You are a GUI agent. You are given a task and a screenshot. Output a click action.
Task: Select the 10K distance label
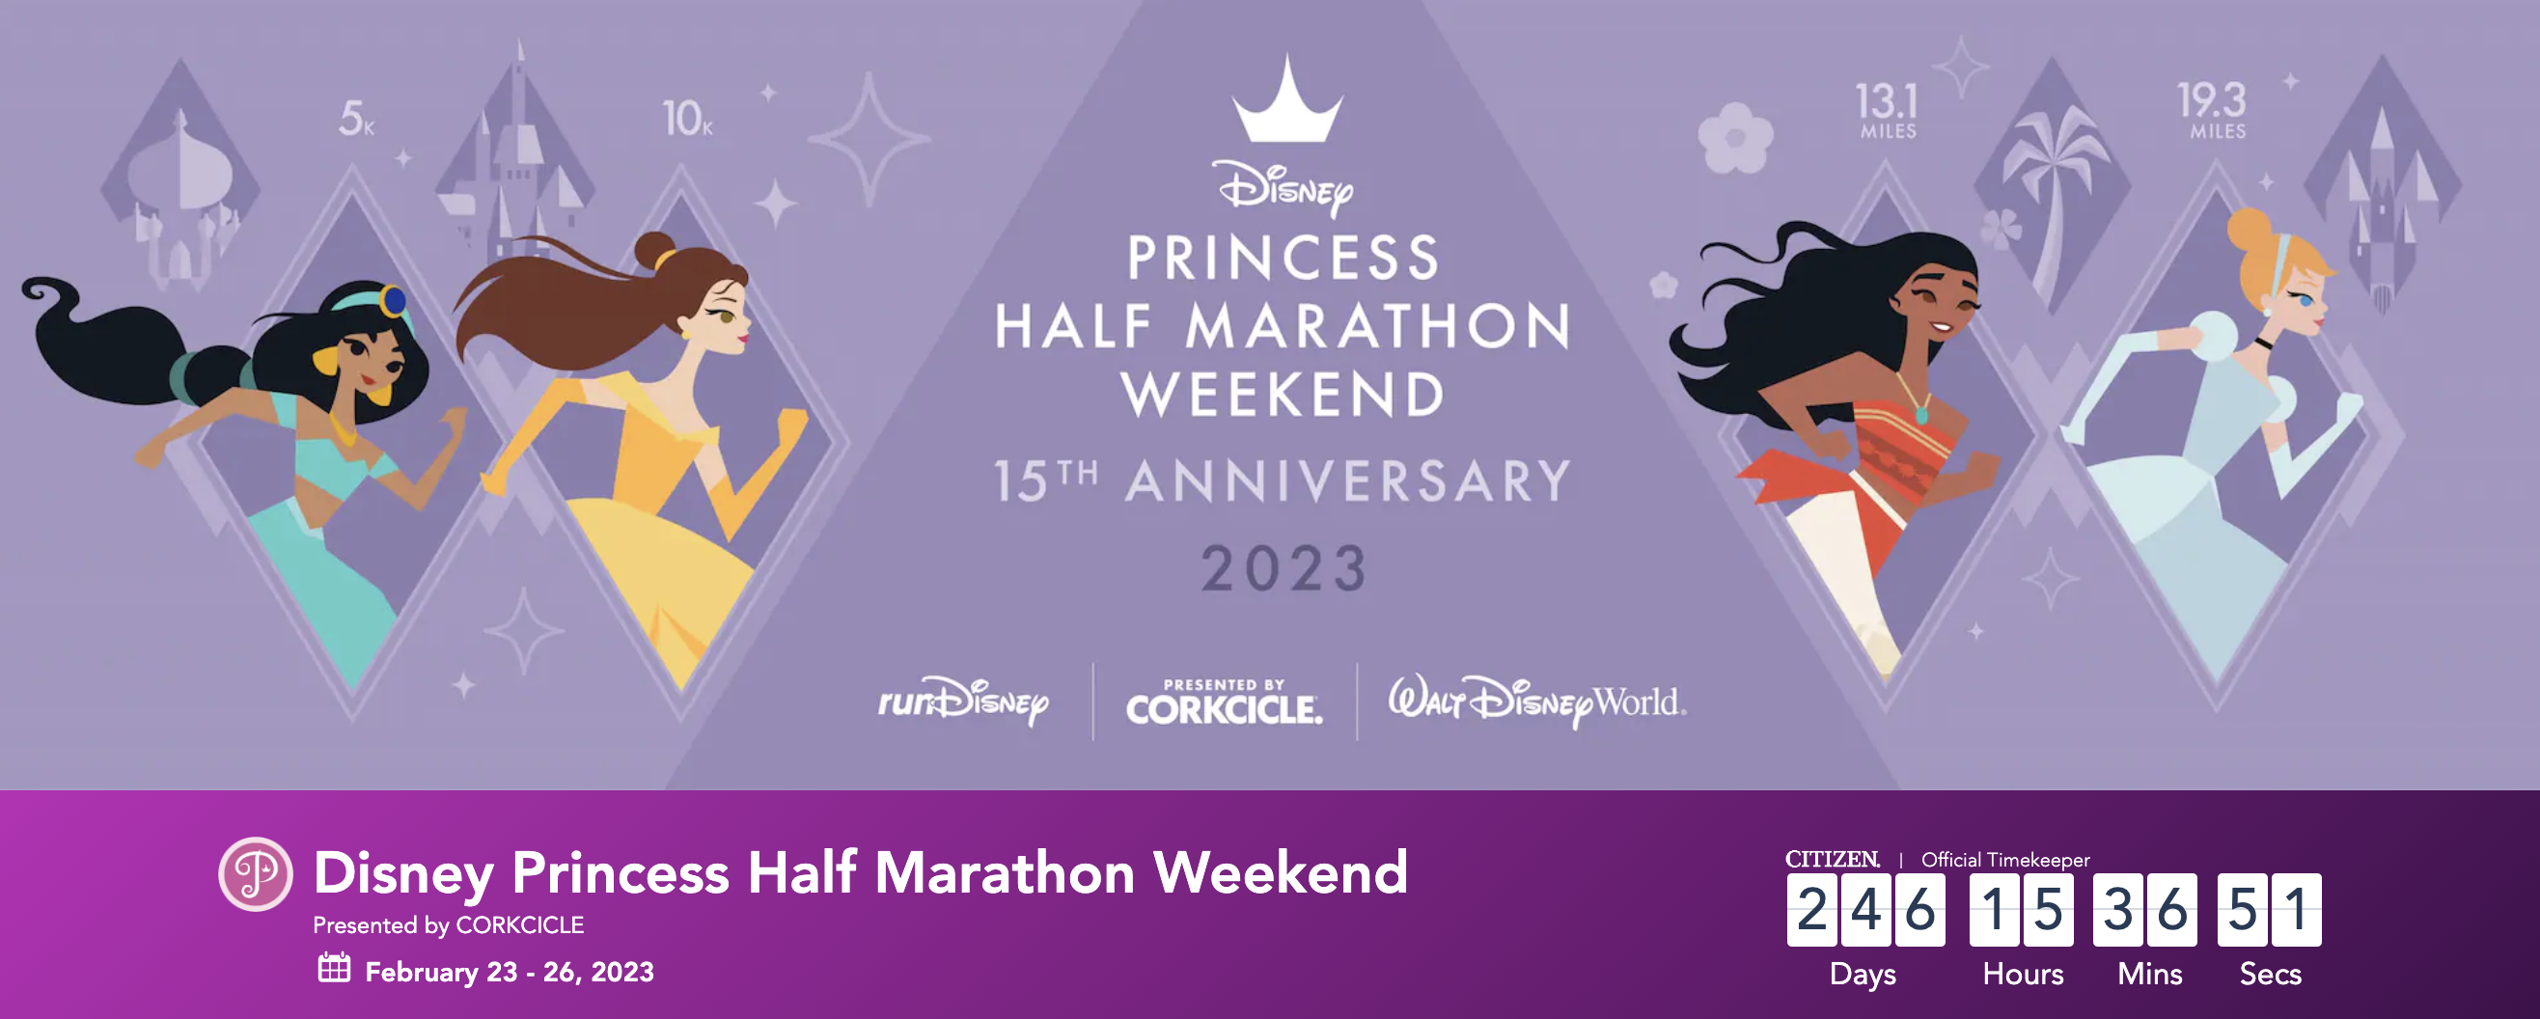pos(687,119)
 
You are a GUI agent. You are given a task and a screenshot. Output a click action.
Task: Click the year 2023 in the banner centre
pos(1284,568)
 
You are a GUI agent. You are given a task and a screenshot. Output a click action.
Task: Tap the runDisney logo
pos(963,701)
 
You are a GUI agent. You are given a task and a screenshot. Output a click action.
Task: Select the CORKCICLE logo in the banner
pos(1224,702)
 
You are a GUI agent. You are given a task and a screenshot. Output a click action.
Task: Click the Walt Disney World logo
pos(1537,701)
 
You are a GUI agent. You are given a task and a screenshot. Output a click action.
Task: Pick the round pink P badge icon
pos(256,874)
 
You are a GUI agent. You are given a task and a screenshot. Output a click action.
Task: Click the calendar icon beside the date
pos(334,968)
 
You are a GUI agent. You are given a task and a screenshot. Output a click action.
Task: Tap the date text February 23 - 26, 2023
pos(510,972)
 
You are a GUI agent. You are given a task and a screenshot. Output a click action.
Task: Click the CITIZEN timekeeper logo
pos(1832,860)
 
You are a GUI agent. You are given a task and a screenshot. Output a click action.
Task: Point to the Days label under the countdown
pos(1863,975)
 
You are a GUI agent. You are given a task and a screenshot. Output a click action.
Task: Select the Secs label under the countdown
pos(2270,974)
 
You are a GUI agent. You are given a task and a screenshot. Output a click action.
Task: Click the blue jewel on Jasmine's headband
pos(394,299)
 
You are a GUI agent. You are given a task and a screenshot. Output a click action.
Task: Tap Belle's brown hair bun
pos(655,250)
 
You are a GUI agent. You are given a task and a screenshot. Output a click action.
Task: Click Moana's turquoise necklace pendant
pos(1921,416)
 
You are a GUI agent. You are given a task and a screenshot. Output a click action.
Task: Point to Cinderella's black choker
pos(2264,344)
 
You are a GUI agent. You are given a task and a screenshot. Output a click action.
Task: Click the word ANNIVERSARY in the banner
pos(1348,481)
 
